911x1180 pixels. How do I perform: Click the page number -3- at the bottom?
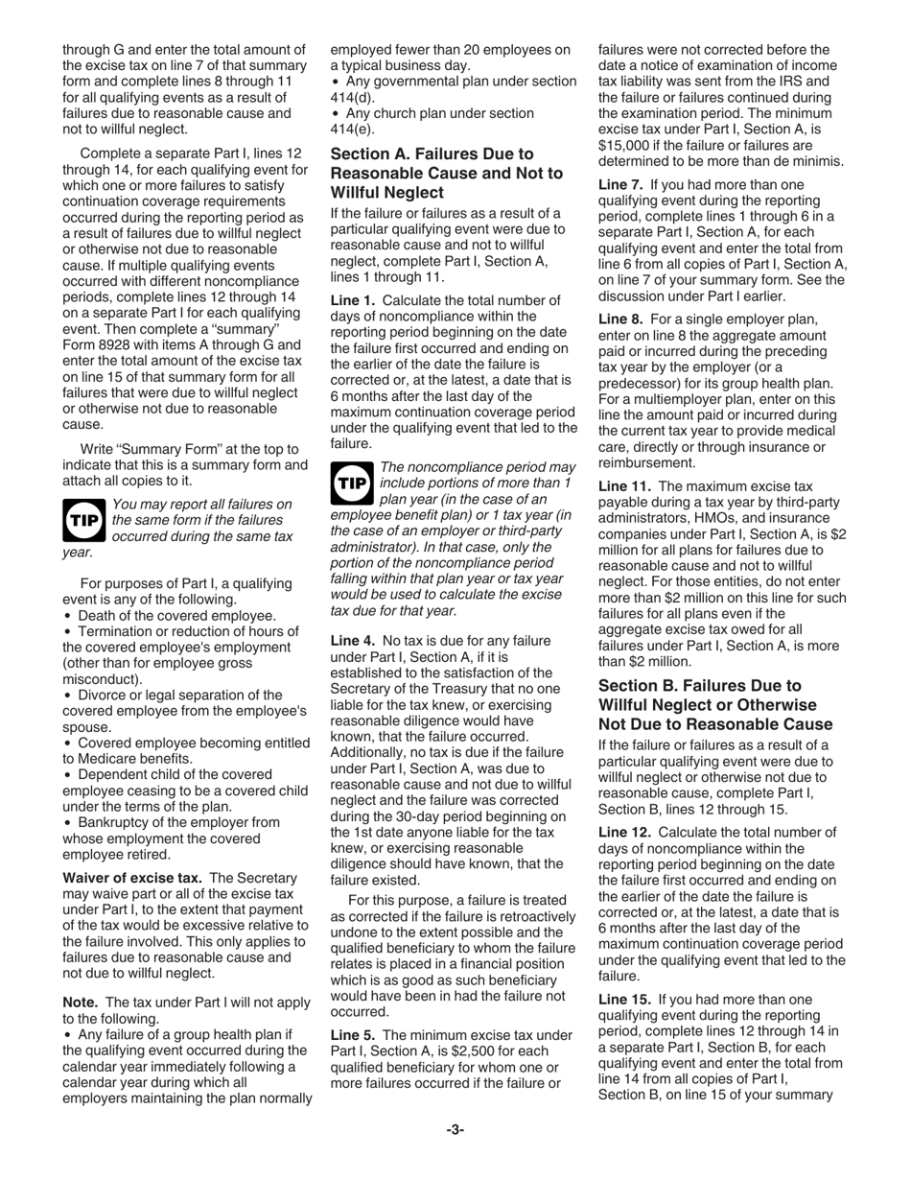(455, 1130)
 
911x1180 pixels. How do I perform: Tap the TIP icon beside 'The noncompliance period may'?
(352, 483)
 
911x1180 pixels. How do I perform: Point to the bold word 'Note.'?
(81, 1003)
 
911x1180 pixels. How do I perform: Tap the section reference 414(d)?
(351, 97)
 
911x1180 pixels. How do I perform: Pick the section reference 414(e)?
(351, 129)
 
